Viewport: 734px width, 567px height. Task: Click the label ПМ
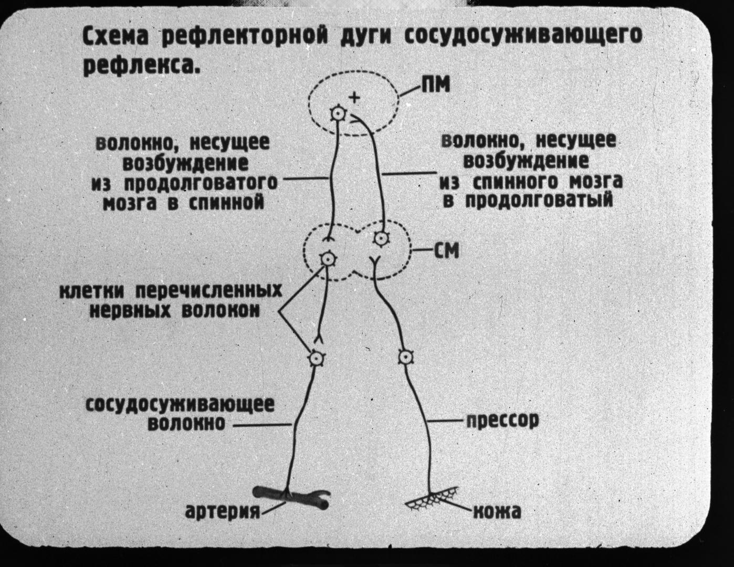click(x=435, y=85)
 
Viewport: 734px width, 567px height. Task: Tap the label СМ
click(x=446, y=250)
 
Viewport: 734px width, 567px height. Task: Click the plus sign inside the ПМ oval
click(x=355, y=97)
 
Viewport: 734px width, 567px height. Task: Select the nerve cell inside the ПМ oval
click(x=338, y=113)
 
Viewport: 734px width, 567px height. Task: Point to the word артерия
click(x=223, y=510)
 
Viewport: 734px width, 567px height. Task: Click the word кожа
click(x=497, y=511)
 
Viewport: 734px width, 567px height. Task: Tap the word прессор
click(x=502, y=421)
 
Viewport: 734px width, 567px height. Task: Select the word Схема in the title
click(x=117, y=37)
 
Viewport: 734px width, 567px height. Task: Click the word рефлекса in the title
click(x=141, y=66)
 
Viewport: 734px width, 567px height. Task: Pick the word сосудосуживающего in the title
click(x=525, y=36)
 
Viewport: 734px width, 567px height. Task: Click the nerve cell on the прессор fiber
click(x=404, y=358)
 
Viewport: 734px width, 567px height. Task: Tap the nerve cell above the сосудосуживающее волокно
click(x=316, y=358)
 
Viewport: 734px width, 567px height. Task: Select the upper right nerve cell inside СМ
click(x=381, y=239)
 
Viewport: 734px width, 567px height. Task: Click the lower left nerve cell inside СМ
click(x=327, y=259)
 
